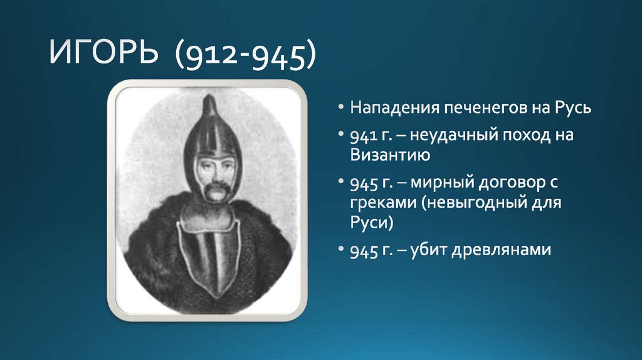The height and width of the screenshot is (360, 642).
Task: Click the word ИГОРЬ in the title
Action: (x=103, y=56)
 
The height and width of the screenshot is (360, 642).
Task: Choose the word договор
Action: (x=509, y=184)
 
